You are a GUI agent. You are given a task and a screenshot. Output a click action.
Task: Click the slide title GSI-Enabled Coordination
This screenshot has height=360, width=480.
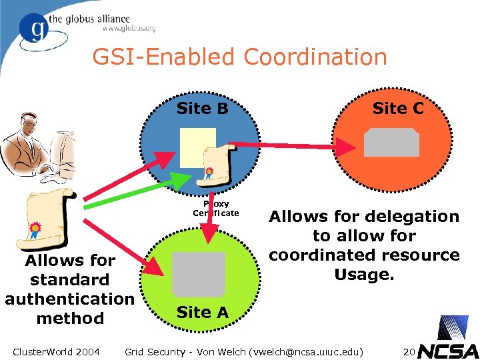tap(239, 57)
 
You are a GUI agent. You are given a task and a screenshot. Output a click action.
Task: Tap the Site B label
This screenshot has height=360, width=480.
tap(203, 108)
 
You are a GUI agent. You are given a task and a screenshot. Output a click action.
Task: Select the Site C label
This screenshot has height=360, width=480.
tap(397, 108)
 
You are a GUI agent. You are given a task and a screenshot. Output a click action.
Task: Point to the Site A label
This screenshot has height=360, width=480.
tap(203, 311)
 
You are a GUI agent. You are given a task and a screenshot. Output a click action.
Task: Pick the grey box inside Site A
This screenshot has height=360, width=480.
tap(198, 273)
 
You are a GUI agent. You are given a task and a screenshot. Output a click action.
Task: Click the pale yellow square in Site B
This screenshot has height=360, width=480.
tap(198, 147)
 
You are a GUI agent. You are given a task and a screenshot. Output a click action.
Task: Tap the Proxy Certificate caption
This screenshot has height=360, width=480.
tap(216, 208)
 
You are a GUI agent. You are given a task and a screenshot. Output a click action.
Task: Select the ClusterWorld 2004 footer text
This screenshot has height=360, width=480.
tap(56, 351)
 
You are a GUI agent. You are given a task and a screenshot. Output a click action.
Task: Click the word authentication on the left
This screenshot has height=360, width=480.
tap(69, 298)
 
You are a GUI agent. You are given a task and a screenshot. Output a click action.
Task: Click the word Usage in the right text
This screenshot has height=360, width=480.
tap(364, 274)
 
